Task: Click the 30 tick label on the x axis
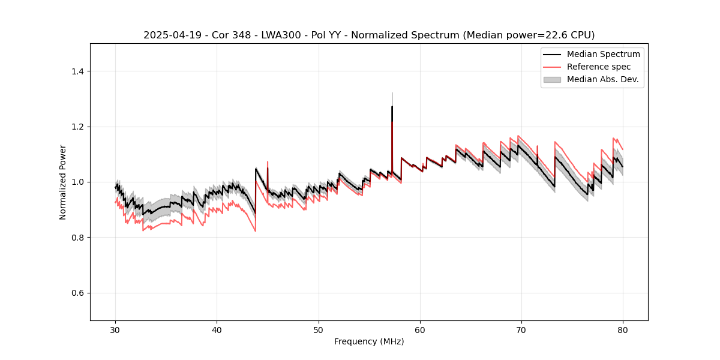(116, 330)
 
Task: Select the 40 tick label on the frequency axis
(217, 330)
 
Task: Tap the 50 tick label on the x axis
(319, 330)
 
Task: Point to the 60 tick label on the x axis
(420, 330)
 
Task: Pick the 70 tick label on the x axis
(521, 330)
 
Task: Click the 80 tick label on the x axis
(623, 330)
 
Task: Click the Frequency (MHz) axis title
(369, 341)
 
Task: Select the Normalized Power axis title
(63, 182)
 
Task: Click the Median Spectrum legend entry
(603, 54)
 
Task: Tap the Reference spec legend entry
(599, 67)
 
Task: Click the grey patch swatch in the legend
(552, 79)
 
